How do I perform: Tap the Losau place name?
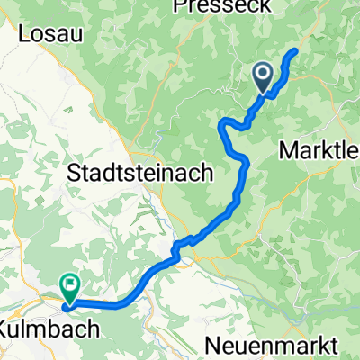(44, 34)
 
